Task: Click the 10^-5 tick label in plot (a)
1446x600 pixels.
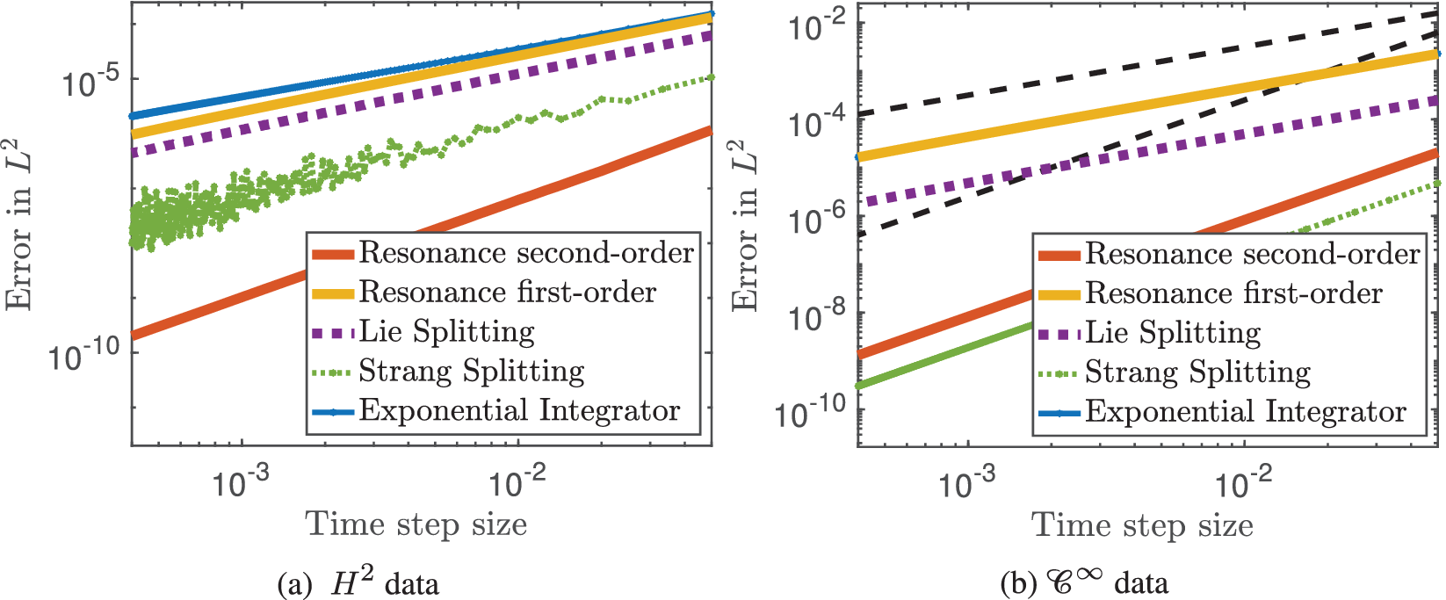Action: click(90, 83)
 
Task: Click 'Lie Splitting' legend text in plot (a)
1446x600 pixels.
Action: click(446, 332)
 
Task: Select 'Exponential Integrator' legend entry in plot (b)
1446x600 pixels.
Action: click(1245, 412)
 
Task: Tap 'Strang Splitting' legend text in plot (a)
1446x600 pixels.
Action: click(471, 372)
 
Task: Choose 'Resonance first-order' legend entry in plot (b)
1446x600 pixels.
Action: click(1233, 293)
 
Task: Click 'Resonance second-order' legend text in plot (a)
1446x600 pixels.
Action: click(526, 254)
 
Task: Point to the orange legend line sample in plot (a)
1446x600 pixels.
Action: click(333, 254)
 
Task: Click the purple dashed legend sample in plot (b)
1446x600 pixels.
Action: click(1059, 334)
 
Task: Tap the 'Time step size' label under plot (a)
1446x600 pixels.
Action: click(416, 525)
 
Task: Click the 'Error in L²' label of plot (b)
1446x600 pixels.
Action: click(746, 226)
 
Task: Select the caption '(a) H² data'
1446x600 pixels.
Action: click(358, 583)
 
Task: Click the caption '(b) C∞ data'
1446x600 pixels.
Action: click(1084, 583)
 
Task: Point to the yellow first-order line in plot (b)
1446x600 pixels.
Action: click(1142, 106)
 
